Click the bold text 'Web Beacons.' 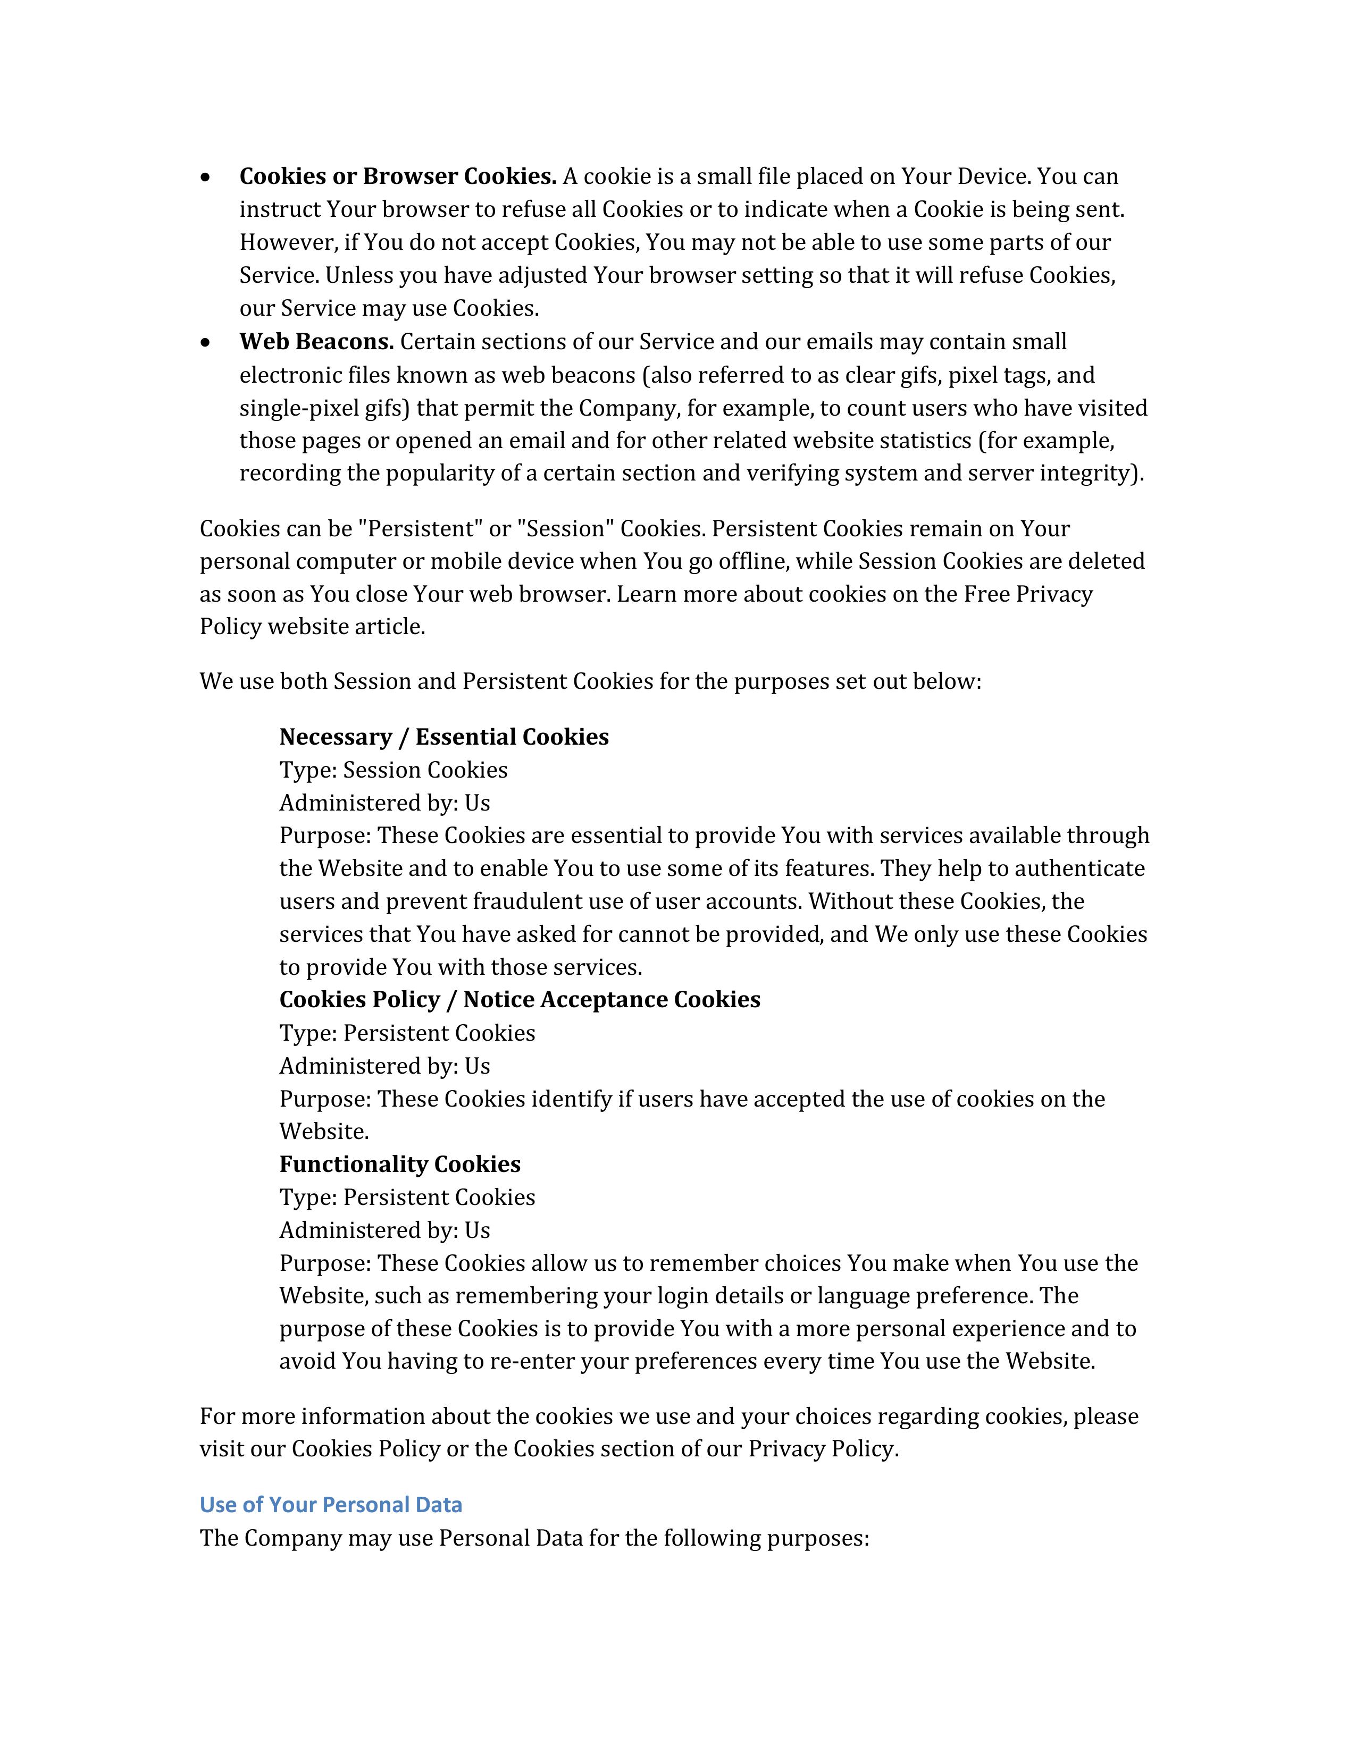pyautogui.click(x=316, y=342)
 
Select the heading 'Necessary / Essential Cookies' pyautogui.click(x=443, y=737)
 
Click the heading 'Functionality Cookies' pyautogui.click(x=399, y=1165)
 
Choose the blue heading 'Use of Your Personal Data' pyautogui.click(x=331, y=1505)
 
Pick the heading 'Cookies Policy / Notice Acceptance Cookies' pyautogui.click(x=519, y=1000)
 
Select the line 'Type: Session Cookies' pyautogui.click(x=393, y=770)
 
